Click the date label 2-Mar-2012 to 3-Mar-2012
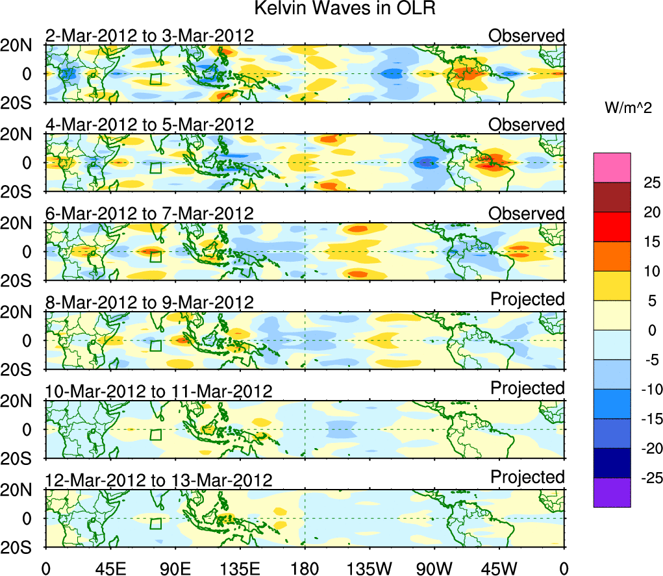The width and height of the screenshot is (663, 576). (149, 35)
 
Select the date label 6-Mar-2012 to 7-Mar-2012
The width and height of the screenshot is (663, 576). (149, 213)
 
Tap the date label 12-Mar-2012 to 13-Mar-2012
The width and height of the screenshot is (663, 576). (158, 480)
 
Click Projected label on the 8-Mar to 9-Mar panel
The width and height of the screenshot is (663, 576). (527, 299)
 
